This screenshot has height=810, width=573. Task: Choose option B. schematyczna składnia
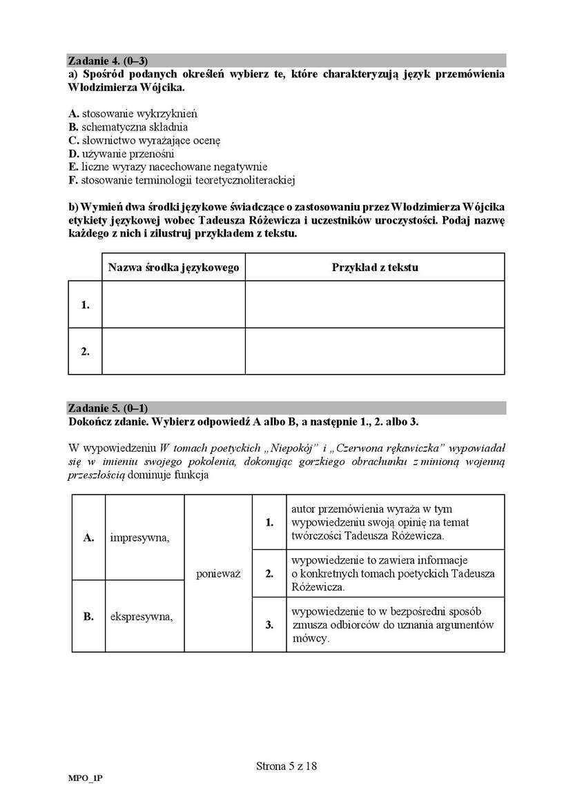click(x=128, y=127)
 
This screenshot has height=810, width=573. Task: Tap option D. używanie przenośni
click(x=121, y=154)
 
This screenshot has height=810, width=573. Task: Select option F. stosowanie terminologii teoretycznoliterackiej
click(x=182, y=181)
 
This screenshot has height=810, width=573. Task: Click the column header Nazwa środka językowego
click(x=173, y=267)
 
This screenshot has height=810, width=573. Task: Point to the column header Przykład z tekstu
click(x=375, y=267)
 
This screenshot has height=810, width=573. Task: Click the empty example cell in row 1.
click(x=375, y=304)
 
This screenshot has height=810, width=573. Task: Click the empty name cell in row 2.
click(x=173, y=351)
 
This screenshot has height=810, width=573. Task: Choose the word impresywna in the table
click(x=139, y=537)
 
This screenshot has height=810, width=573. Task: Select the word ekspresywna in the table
click(x=142, y=616)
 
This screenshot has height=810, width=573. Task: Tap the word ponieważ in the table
click(x=218, y=573)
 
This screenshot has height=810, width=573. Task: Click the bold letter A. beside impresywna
click(x=88, y=537)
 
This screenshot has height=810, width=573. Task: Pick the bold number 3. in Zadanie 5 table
click(x=269, y=625)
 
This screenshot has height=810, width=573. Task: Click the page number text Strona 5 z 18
click(x=286, y=765)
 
